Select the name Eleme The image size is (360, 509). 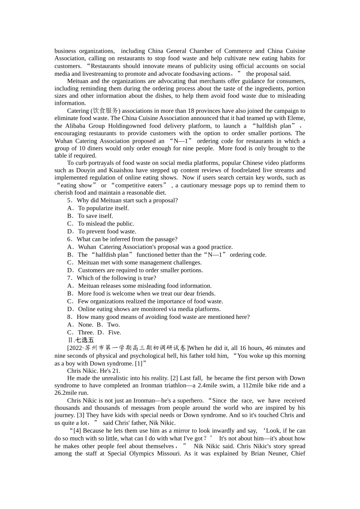click(296, 118)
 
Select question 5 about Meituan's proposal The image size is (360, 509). click(122, 200)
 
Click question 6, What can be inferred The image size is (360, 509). click(122, 239)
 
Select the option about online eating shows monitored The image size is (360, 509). click(144, 309)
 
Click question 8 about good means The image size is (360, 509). click(158, 317)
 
